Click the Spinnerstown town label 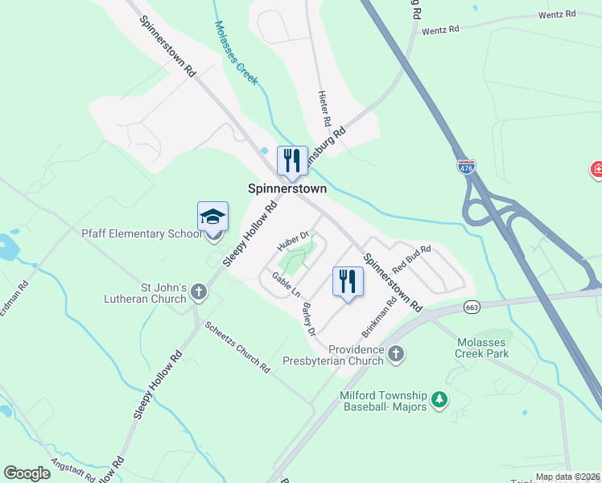pos(287,189)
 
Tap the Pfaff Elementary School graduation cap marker pos(212,218)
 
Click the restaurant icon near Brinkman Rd pos(348,281)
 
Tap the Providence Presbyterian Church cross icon pos(395,353)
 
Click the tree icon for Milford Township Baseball pos(439,399)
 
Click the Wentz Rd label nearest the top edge pos(558,14)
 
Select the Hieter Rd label pos(326,108)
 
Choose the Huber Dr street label pos(294,241)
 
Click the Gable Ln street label pos(285,283)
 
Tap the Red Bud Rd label pos(411,259)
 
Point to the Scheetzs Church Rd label pos(237,348)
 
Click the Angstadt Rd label pos(72,469)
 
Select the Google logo pos(27,473)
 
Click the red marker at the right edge pos(597,170)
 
